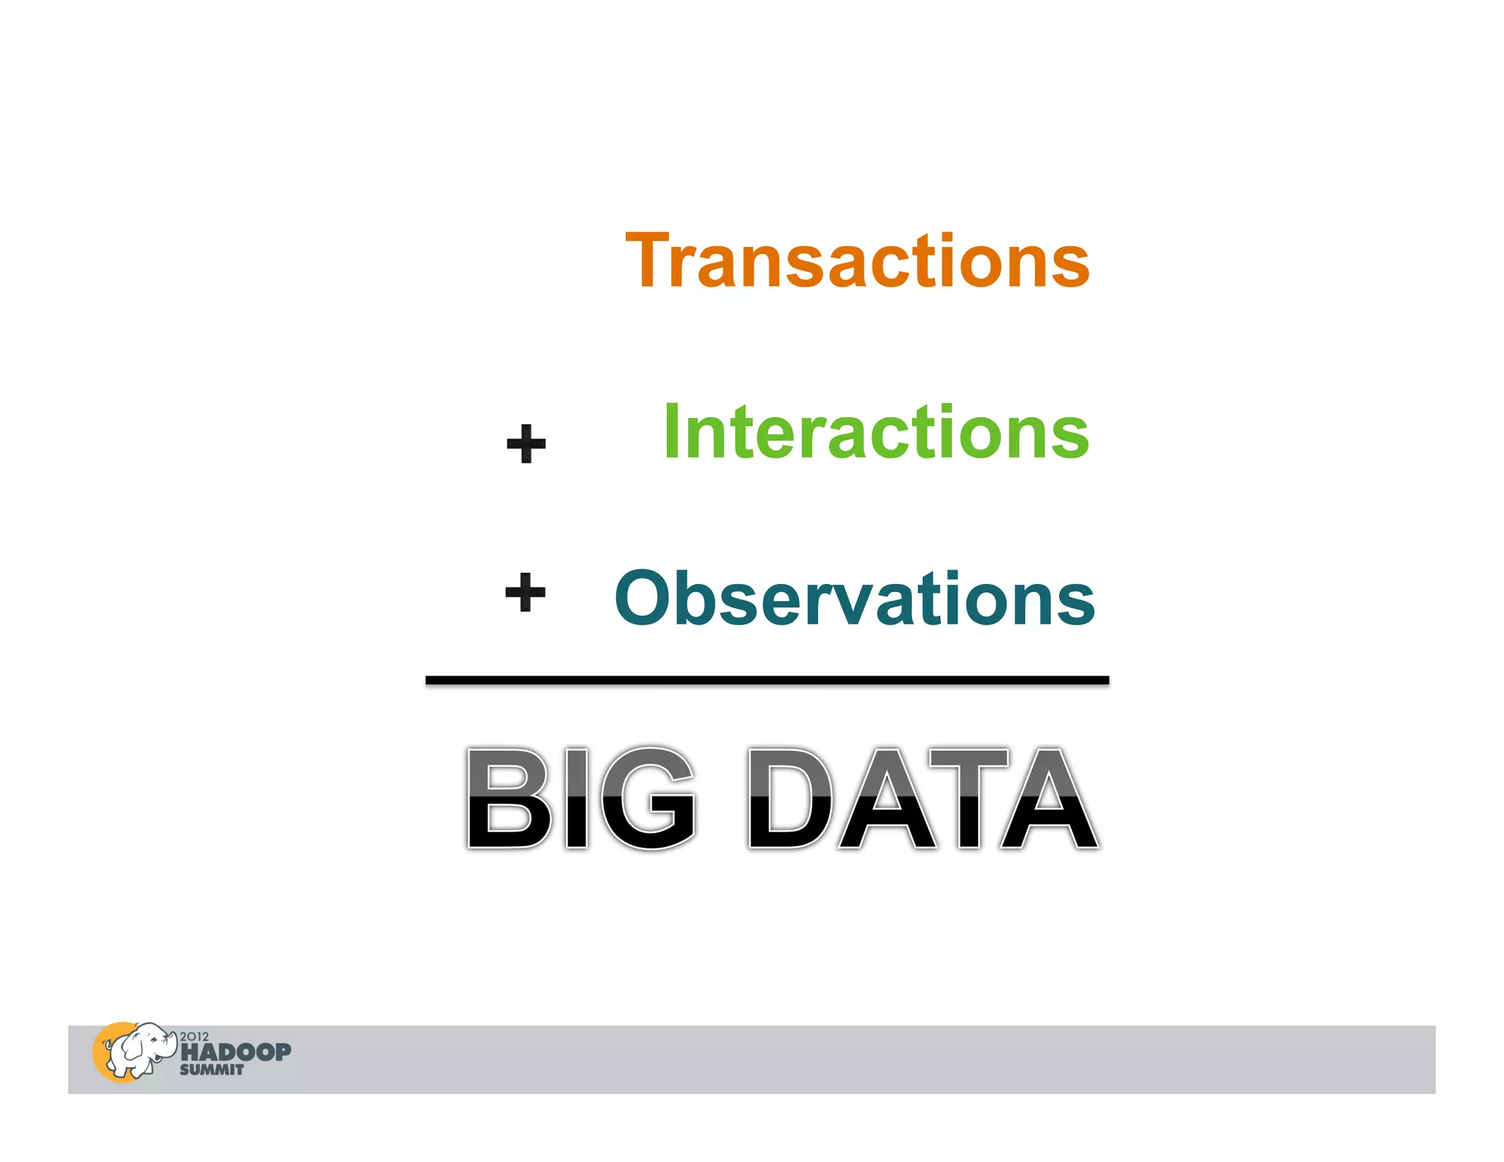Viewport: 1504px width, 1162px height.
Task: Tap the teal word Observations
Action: click(x=855, y=599)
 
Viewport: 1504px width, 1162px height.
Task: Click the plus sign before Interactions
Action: click(x=526, y=444)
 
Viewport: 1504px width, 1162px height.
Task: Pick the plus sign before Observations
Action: click(x=525, y=592)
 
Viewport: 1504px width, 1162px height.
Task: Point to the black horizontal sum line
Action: click(x=767, y=681)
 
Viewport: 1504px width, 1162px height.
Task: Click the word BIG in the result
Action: click(x=580, y=798)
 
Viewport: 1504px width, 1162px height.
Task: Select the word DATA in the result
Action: click(x=922, y=798)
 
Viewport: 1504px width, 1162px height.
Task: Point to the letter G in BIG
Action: click(x=646, y=798)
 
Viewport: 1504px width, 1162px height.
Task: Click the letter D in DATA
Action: click(x=790, y=798)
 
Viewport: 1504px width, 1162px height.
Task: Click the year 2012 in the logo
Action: click(x=194, y=1036)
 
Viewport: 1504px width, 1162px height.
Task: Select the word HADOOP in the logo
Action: click(x=236, y=1052)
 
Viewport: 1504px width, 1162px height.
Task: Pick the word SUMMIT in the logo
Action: click(x=211, y=1070)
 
